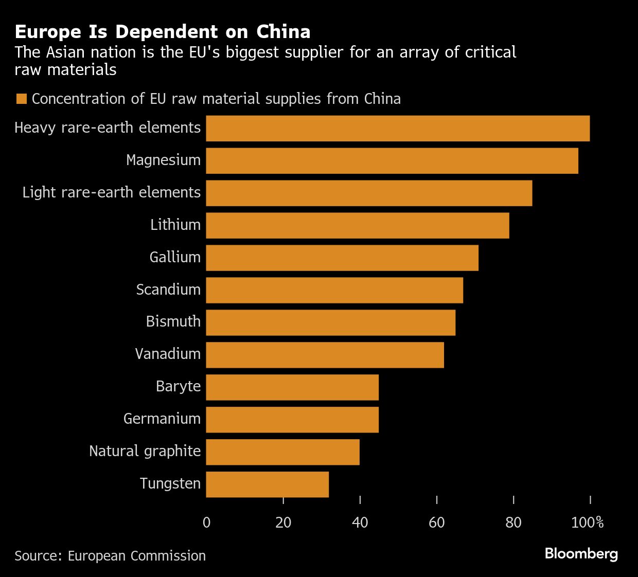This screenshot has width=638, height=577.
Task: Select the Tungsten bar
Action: coord(268,484)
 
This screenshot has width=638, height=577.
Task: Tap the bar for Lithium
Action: coord(358,226)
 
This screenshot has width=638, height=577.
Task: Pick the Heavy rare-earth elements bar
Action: coord(398,129)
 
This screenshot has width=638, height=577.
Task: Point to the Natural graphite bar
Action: coord(283,452)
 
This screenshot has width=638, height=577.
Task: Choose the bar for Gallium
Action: coord(342,258)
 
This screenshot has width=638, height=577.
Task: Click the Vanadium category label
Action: coord(168,354)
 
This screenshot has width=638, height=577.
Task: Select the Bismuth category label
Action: coord(173,321)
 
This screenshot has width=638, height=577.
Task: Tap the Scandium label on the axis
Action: coord(168,290)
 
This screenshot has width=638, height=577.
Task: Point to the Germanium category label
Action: coord(162,419)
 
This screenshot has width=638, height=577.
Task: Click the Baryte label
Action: coord(178,386)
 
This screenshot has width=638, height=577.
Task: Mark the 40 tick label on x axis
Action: coord(360,522)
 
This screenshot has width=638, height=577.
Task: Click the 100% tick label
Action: coord(587,522)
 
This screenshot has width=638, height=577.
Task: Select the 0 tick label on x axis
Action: coord(207,522)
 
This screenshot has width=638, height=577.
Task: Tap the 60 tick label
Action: coord(437,522)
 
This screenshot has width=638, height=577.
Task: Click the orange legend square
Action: coord(21,99)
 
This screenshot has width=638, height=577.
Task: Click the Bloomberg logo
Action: coord(581,554)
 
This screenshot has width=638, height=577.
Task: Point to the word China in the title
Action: coord(283,32)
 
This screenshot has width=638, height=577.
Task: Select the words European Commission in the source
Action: coord(137,556)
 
